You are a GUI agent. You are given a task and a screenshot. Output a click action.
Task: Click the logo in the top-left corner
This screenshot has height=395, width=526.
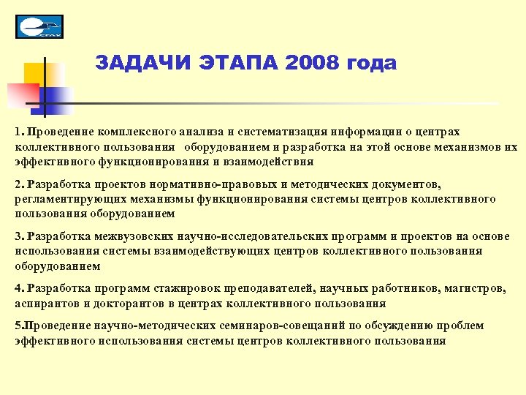point(39,26)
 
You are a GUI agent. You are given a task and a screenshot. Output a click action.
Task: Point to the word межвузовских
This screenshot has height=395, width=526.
point(120,236)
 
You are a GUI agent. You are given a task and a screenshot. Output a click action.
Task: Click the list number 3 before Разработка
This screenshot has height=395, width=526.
point(18,236)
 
